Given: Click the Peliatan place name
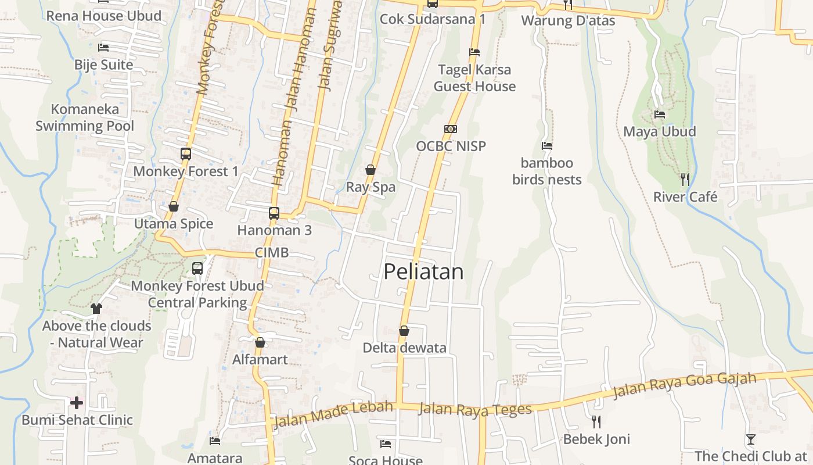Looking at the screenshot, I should click(x=424, y=271).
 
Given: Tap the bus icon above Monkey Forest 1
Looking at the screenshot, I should click(x=186, y=154).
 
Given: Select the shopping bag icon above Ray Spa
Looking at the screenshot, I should click(x=370, y=170).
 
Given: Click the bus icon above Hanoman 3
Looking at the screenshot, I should click(x=274, y=213).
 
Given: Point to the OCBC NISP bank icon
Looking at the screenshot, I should click(x=451, y=129).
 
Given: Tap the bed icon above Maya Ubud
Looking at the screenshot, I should click(x=660, y=114).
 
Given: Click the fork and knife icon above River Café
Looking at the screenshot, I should click(x=685, y=179).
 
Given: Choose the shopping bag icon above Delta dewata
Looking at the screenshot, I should click(x=404, y=331).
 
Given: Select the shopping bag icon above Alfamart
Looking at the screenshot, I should click(x=260, y=342).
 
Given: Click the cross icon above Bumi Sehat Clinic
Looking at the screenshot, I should click(x=77, y=402).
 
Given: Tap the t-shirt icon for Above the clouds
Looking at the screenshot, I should click(x=96, y=309).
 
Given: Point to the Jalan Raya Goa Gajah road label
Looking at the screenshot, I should click(x=685, y=385).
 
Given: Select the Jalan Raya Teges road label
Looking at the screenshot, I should click(x=475, y=409).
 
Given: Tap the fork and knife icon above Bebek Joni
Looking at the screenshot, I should click(x=596, y=421).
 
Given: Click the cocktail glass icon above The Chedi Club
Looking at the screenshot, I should click(x=751, y=439).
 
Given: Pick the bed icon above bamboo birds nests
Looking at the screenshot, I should click(x=547, y=146).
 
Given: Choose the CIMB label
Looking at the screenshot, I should click(x=272, y=253).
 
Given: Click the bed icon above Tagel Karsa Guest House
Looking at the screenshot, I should click(x=474, y=52).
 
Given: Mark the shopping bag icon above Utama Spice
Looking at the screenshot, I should click(x=174, y=206).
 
